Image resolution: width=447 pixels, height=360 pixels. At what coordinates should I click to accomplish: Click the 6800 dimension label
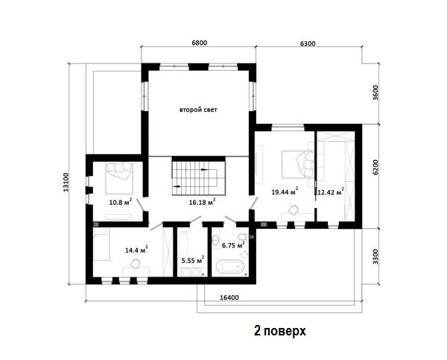[x=199, y=43]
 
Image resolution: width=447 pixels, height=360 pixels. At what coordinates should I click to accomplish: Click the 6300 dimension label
[x=308, y=44]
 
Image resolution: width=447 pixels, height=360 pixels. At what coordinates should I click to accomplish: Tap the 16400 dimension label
[x=229, y=297]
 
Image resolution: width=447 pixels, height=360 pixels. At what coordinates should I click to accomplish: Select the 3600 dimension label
[x=375, y=92]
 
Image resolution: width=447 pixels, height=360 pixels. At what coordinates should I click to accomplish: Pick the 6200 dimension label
[x=375, y=167]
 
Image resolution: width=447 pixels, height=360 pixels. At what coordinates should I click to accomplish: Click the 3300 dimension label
[x=376, y=256]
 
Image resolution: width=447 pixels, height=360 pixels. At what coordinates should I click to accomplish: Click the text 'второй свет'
[x=198, y=110]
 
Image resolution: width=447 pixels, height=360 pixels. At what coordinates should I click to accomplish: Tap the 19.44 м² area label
[x=285, y=192]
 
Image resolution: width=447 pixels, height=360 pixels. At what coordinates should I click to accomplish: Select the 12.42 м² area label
[x=331, y=192]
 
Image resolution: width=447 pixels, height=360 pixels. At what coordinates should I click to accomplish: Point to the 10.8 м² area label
[x=120, y=202]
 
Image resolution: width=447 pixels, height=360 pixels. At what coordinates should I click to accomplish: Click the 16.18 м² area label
[x=202, y=202]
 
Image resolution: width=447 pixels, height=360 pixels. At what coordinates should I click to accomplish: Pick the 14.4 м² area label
[x=136, y=250]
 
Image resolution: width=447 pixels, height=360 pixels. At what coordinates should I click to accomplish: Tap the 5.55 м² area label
[x=193, y=260]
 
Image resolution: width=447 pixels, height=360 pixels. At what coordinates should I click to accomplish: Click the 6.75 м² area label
[x=233, y=245]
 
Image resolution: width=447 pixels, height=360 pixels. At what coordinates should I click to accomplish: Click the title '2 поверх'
[x=280, y=332]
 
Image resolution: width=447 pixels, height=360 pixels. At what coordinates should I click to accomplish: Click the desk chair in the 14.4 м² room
[x=135, y=264]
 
